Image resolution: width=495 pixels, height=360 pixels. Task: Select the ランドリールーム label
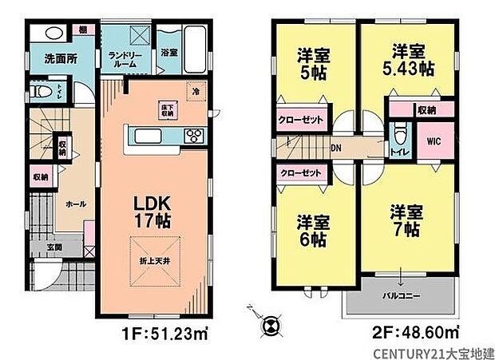[125, 59]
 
